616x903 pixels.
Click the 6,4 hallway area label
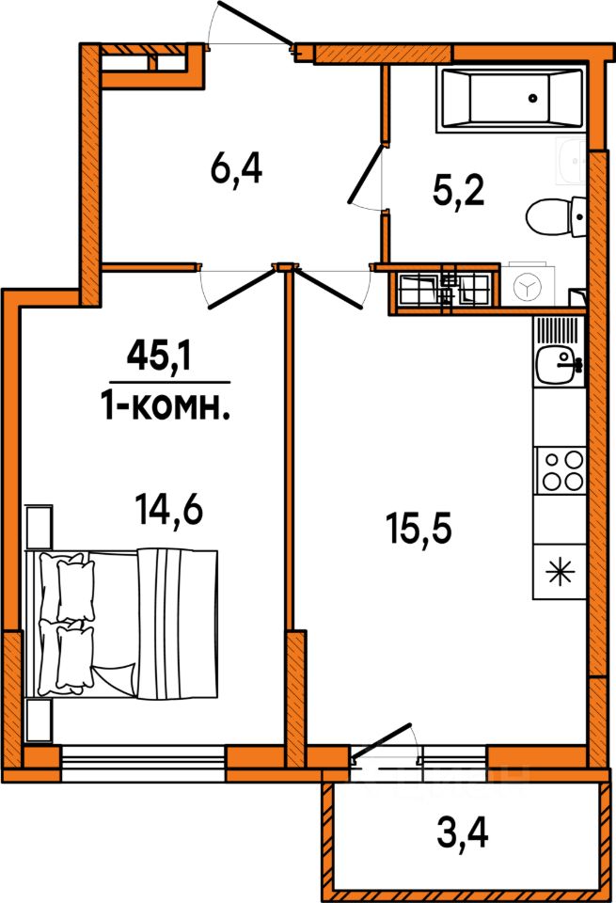tap(236, 170)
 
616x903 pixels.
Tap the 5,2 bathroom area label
tap(459, 192)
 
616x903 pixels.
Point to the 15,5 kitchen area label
tap(419, 530)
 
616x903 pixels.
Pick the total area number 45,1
tap(159, 358)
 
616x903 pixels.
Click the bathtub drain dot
tap(533, 99)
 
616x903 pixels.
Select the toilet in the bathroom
tap(556, 216)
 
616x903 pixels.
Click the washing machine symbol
tap(528, 285)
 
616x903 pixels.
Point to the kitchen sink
tap(560, 363)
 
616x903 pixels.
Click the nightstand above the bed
tap(39, 527)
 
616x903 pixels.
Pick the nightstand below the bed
tap(39, 721)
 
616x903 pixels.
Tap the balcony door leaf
tap(381, 742)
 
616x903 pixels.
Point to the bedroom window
tap(143, 764)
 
